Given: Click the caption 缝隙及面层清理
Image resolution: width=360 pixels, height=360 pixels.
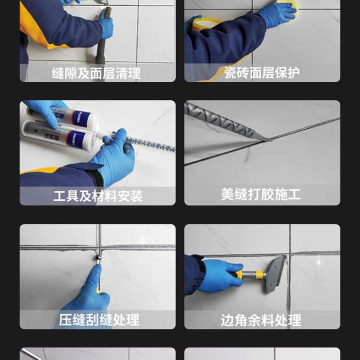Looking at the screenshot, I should click(x=97, y=72).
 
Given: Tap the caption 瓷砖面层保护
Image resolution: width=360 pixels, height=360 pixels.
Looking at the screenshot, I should click(x=262, y=72).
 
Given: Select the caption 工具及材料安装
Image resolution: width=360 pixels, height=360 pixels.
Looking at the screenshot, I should click(x=98, y=196).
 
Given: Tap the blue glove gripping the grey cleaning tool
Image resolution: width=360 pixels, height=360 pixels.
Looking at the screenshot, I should click(x=106, y=27).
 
